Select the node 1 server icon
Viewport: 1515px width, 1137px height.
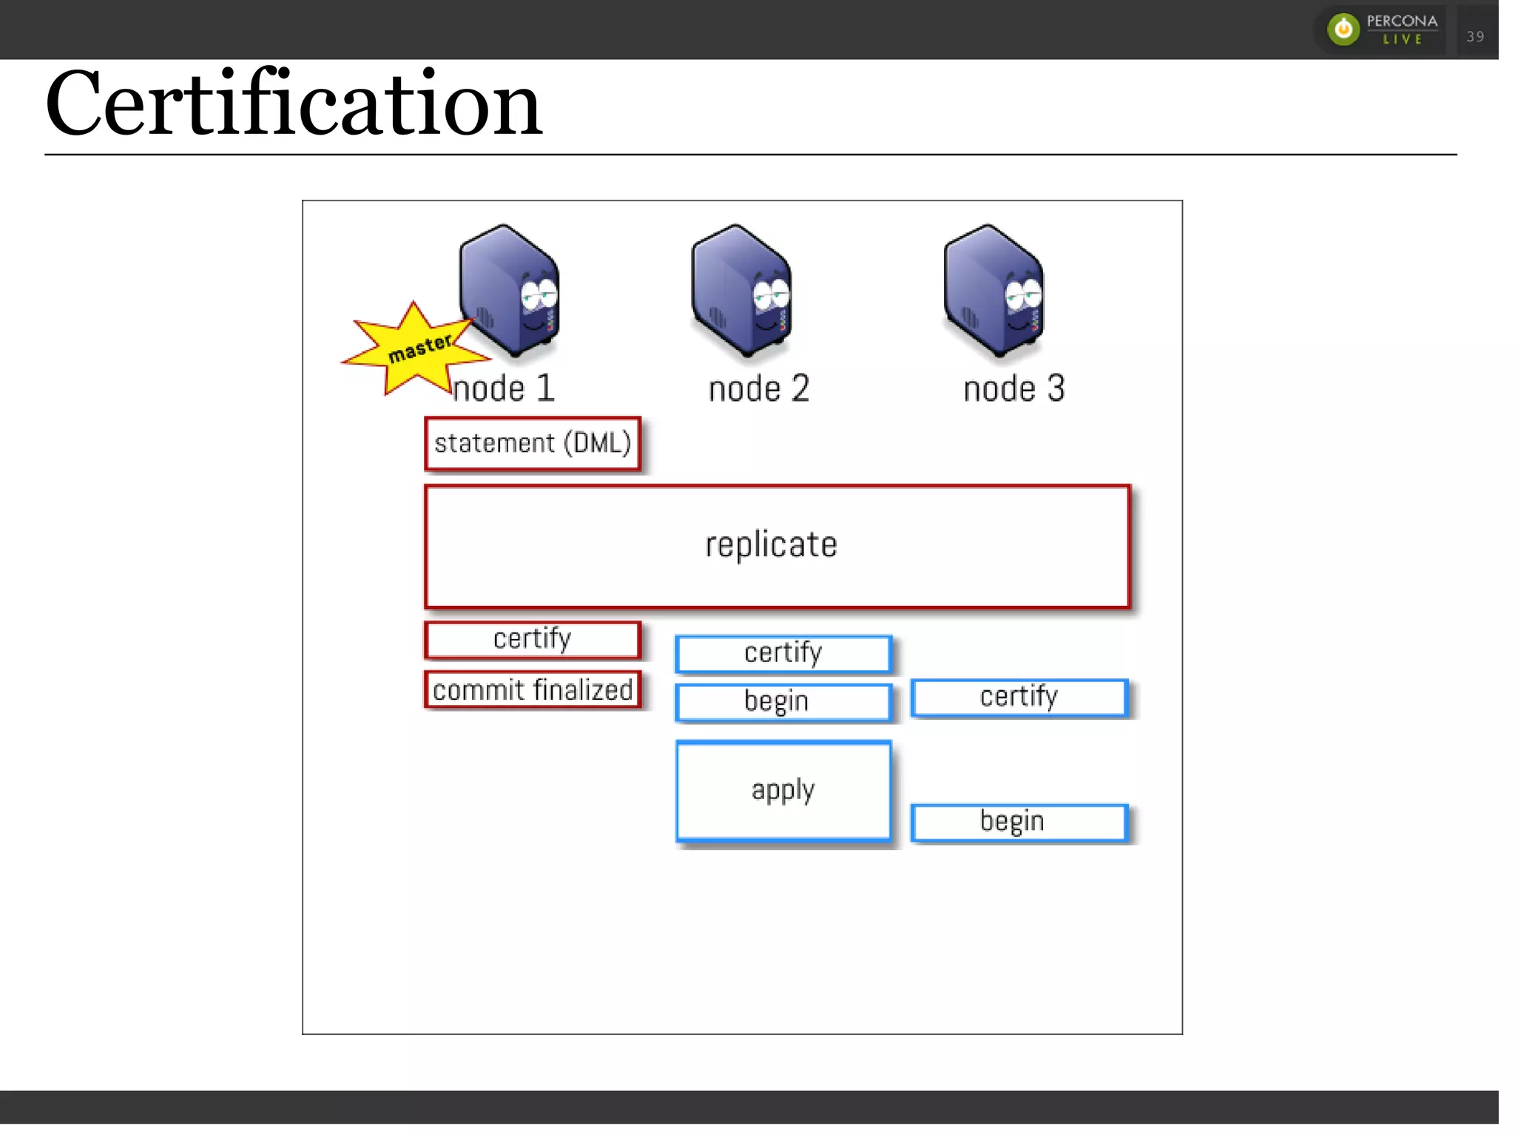coord(509,290)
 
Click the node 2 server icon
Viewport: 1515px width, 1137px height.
coord(741,290)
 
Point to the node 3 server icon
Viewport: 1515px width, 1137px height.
coord(993,290)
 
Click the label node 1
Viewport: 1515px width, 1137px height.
coord(504,389)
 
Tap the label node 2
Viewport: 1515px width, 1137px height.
coord(759,389)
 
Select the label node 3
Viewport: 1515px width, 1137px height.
coord(1014,389)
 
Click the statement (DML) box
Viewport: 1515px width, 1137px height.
coord(533,444)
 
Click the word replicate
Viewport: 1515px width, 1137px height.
coord(771,545)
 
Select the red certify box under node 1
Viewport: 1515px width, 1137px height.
coord(533,639)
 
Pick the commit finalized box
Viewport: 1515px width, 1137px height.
coord(533,690)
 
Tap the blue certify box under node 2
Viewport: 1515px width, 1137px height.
coord(783,653)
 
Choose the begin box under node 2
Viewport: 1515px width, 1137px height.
coord(783,701)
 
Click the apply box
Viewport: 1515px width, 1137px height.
coord(783,791)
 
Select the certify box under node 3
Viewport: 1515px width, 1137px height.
coord(1019,697)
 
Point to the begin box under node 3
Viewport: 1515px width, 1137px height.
coord(1019,822)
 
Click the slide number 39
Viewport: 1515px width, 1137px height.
coord(1475,36)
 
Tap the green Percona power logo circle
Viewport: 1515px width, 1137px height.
coord(1343,30)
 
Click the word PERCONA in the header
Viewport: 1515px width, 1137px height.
coord(1402,21)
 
